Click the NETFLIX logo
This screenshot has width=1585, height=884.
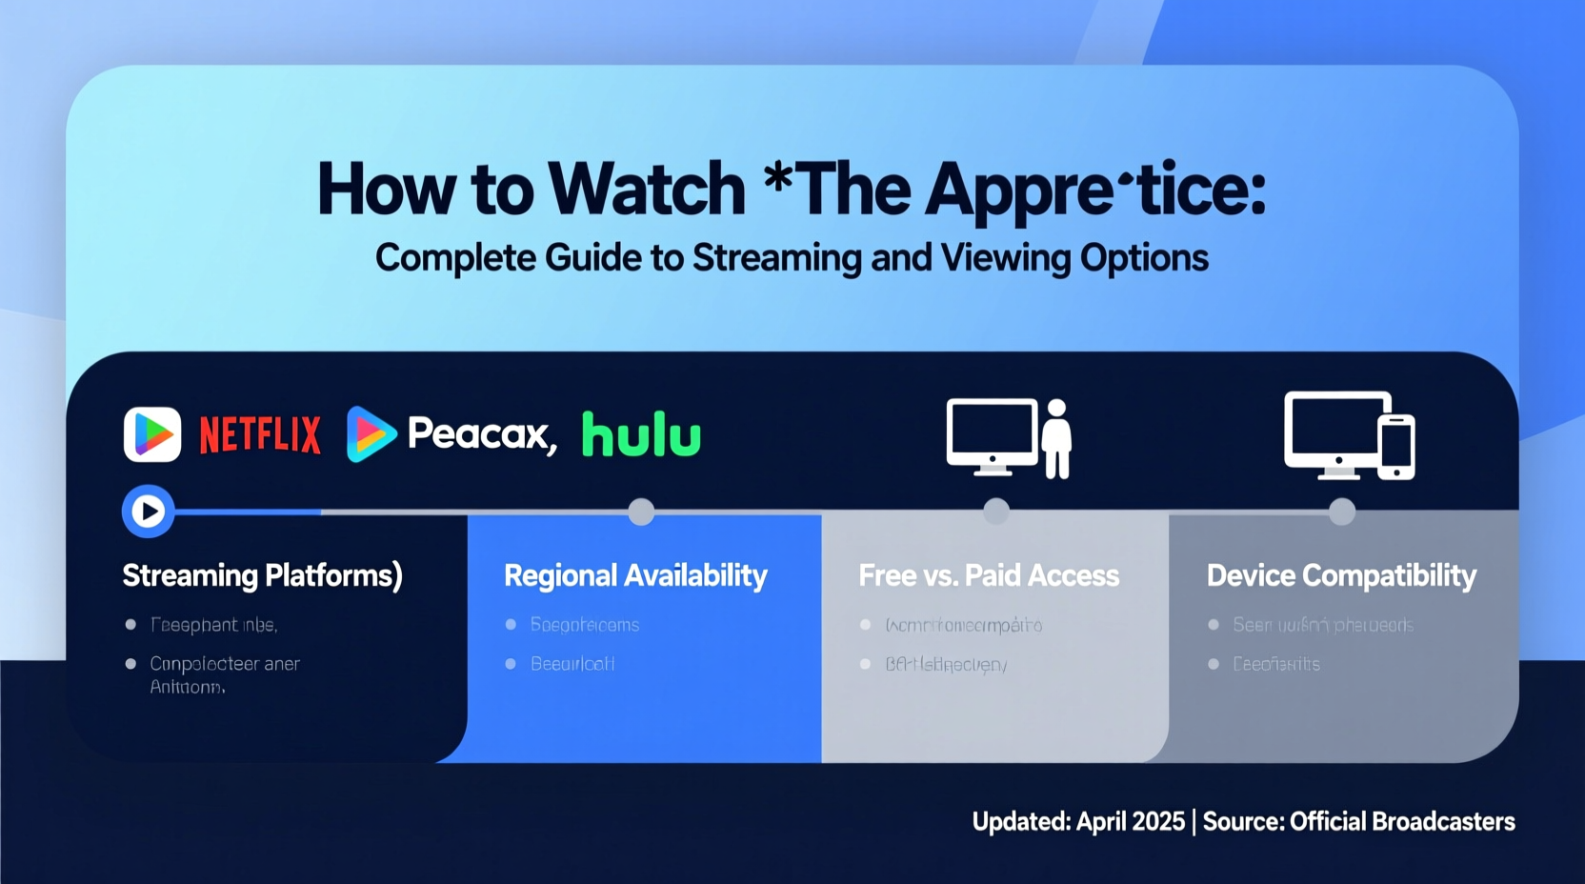259,435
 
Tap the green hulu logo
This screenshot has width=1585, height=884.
641,435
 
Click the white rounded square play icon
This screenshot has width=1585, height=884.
152,434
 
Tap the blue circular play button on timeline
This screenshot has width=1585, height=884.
148,512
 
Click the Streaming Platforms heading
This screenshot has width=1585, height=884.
262,575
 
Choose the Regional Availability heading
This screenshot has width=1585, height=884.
635,575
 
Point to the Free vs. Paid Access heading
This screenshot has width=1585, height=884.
989,575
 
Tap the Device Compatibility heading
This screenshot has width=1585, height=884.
1341,575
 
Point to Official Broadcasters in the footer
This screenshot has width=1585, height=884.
1402,821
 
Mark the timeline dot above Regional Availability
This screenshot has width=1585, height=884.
641,512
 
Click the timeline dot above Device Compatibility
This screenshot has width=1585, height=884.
1342,512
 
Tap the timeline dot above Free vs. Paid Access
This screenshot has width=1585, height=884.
996,512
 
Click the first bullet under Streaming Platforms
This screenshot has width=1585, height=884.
213,625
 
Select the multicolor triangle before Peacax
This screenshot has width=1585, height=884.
370,434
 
